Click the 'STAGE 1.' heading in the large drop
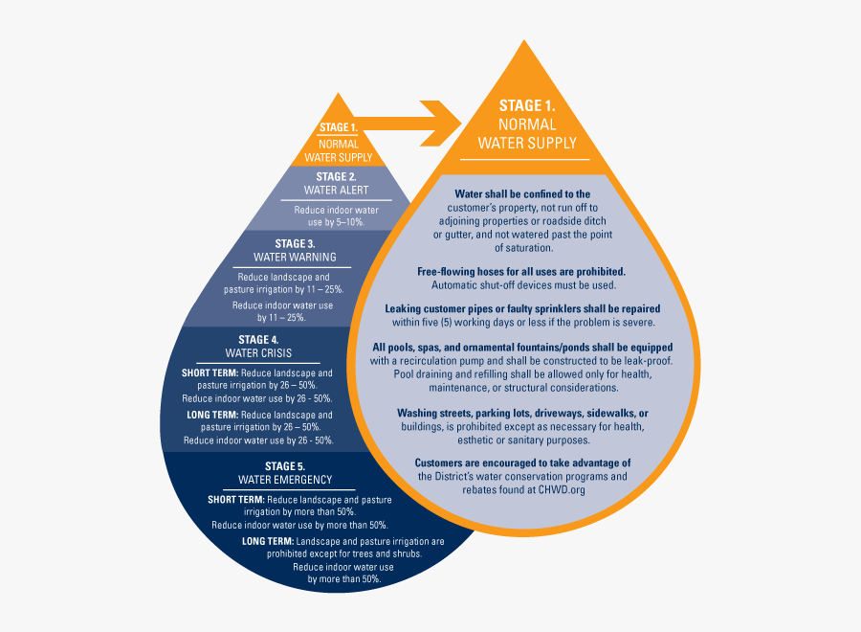pos(527,106)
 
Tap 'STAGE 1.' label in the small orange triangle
pos(338,127)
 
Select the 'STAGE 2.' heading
pos(336,176)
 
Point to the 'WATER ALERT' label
pos(336,190)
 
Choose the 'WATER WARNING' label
pos(295,258)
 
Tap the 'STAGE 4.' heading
pos(258,339)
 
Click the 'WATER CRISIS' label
pos(258,352)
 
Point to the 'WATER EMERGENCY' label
pos(285,480)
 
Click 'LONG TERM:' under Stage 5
pos(267,541)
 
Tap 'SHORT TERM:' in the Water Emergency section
pos(236,500)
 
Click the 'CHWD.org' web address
pos(561,489)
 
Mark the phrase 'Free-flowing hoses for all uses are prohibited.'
pos(521,272)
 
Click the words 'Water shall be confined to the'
pos(521,194)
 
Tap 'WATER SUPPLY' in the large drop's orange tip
pos(527,144)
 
